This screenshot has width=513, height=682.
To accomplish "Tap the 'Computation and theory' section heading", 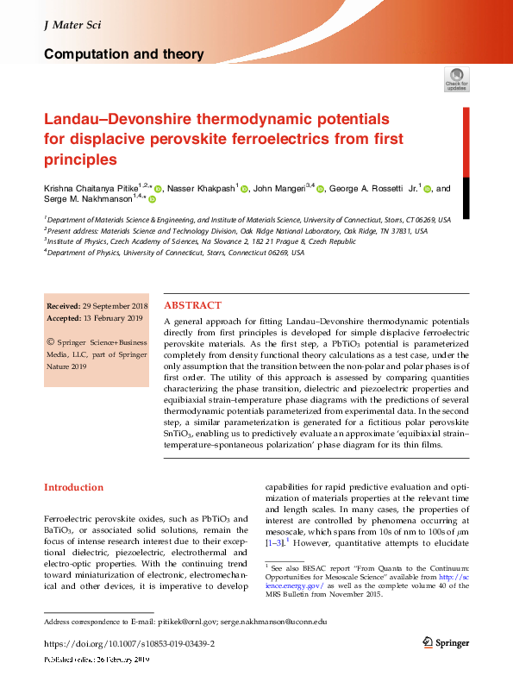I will pos(123,54).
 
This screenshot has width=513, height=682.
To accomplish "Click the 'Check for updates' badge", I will pos(456,80).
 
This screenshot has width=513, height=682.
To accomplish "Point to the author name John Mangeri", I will pos(286,189).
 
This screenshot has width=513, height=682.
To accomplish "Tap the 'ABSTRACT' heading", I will pos(192,305).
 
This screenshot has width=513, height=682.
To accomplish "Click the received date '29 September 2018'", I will pos(115,306).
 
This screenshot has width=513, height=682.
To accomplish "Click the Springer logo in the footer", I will pos(446,643).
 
